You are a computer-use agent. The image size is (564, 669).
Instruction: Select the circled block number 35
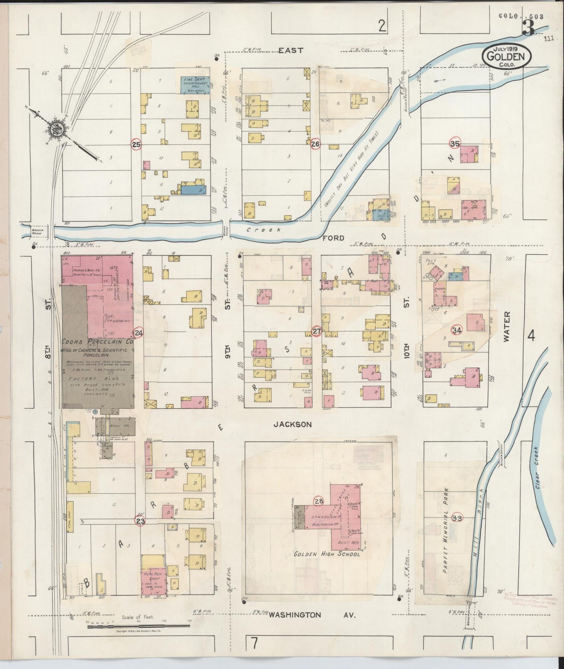coord(455,143)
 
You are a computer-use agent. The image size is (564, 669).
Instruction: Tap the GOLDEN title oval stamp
coord(506,55)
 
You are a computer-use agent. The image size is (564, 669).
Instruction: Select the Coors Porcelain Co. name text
coord(97,342)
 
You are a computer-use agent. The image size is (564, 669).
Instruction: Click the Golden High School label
coord(327,554)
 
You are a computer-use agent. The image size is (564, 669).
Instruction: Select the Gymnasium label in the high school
coord(324,517)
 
